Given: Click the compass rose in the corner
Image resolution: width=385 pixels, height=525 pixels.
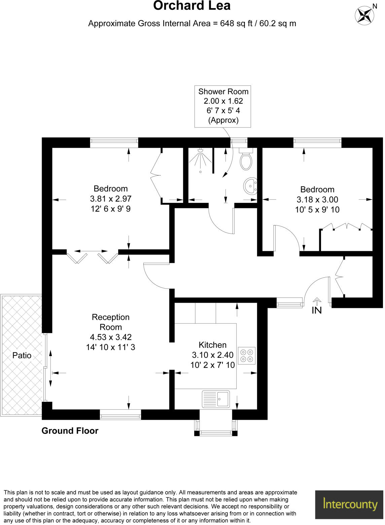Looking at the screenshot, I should click(364, 15).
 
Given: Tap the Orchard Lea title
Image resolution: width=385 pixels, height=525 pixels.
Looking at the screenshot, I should click(192, 6).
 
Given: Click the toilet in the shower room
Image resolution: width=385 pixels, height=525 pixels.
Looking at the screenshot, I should click(246, 161).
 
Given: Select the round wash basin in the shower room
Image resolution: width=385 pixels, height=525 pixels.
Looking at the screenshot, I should click(250, 186).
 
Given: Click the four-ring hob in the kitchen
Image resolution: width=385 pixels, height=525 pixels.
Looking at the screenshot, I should click(247, 356).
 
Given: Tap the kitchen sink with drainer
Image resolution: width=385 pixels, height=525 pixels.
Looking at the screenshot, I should click(216, 399).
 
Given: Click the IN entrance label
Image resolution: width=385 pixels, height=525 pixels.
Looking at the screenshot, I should click(317, 310).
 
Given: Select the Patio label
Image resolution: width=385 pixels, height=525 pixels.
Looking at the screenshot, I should click(22, 355).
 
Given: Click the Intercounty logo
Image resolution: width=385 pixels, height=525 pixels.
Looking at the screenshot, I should click(350, 504).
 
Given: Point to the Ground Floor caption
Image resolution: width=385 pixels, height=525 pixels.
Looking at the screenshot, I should click(70, 431).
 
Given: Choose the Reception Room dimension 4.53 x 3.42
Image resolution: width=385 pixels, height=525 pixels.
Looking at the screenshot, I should click(111, 337).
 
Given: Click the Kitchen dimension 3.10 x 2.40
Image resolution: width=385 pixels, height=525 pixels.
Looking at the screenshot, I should click(213, 355).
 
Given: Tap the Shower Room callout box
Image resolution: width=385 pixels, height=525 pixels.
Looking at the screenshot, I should click(223, 106).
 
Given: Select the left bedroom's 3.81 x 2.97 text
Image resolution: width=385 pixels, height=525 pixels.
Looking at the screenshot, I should click(111, 199).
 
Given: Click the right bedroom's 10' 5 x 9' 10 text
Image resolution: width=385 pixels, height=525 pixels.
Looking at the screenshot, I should click(317, 210).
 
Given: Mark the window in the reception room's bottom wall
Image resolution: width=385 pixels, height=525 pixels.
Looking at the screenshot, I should click(120, 415).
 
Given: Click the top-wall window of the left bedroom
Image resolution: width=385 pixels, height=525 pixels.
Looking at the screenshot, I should click(114, 143).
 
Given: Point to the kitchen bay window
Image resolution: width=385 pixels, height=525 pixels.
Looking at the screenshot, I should click(216, 432).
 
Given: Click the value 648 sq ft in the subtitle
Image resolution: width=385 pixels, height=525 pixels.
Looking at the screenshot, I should click(236, 24).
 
